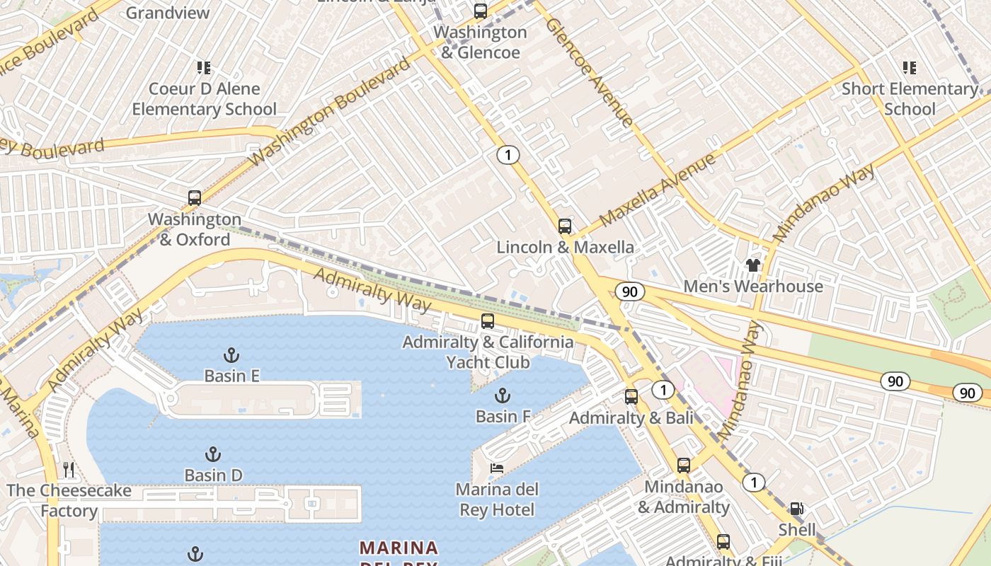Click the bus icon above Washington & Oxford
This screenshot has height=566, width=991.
pyautogui.click(x=195, y=198)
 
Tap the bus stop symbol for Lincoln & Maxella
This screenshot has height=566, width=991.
pyautogui.click(x=564, y=226)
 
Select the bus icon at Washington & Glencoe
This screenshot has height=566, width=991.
pyautogui.click(x=481, y=11)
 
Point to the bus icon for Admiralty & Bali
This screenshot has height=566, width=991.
pyautogui.click(x=631, y=397)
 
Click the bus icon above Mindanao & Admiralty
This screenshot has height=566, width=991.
pyautogui.click(x=683, y=466)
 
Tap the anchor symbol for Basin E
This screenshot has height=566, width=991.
pyautogui.click(x=231, y=354)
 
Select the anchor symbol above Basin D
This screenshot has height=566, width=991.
pyautogui.click(x=212, y=454)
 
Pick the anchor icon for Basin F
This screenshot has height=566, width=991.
pyautogui.click(x=503, y=395)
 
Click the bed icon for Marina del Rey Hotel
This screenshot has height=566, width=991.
pyautogui.click(x=497, y=468)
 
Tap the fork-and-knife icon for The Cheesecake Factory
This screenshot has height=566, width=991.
pyautogui.click(x=69, y=469)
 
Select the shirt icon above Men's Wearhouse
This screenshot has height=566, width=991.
pyautogui.click(x=752, y=265)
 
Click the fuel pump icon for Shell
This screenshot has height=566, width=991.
pyautogui.click(x=796, y=509)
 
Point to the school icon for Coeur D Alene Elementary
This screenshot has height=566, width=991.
pyautogui.click(x=204, y=68)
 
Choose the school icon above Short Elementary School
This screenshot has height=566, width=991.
pyautogui.click(x=910, y=68)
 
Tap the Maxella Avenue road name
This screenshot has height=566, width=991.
pyautogui.click(x=658, y=190)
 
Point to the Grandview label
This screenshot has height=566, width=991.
pyautogui.click(x=168, y=13)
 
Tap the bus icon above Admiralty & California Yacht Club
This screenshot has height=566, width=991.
pyautogui.click(x=488, y=320)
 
